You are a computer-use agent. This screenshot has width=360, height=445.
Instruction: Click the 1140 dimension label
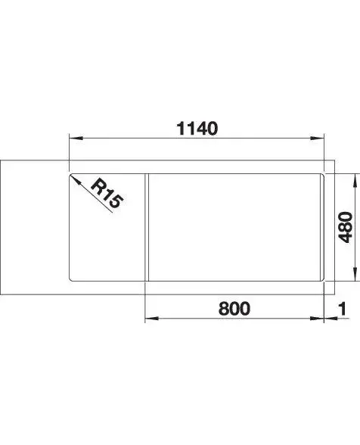click(x=197, y=129)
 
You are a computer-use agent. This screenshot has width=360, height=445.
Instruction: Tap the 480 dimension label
click(x=346, y=227)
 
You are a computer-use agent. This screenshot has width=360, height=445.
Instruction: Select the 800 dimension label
click(x=234, y=309)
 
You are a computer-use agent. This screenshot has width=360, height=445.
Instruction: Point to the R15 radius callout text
click(x=107, y=193)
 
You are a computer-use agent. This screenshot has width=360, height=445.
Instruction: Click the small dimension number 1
click(x=343, y=309)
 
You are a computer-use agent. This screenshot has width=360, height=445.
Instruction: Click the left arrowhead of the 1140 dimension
click(x=76, y=138)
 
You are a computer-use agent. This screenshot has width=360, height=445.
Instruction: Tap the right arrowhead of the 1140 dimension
click(x=317, y=138)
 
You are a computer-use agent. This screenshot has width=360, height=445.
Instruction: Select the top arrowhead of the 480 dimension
click(x=355, y=180)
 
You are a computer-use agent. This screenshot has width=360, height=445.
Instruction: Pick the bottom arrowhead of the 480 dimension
click(x=355, y=274)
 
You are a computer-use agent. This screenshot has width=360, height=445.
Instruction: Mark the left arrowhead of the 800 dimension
click(x=151, y=319)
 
